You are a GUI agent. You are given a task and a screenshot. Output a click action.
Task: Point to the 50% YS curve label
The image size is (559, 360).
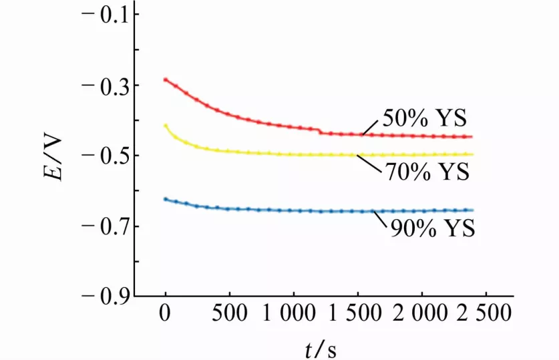coord(425,119)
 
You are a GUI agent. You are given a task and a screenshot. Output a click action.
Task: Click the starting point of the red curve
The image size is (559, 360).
coord(165,79)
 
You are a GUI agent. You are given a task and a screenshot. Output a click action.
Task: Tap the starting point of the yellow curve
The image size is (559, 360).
coord(165,125)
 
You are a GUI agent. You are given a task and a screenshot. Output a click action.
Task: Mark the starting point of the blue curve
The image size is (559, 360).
coord(165,199)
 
